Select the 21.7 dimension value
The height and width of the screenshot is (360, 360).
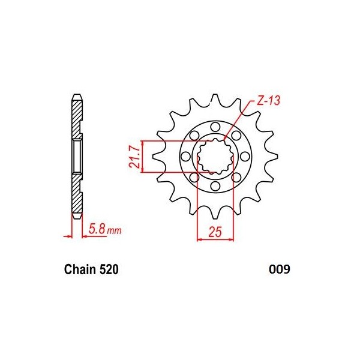(135, 157)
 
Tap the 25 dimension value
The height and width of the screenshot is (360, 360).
(215, 230)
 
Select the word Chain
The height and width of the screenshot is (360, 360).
(80, 270)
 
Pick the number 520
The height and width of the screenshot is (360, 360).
(109, 270)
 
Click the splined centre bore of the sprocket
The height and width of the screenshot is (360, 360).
(215, 157)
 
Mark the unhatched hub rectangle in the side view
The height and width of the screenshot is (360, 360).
(77, 156)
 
